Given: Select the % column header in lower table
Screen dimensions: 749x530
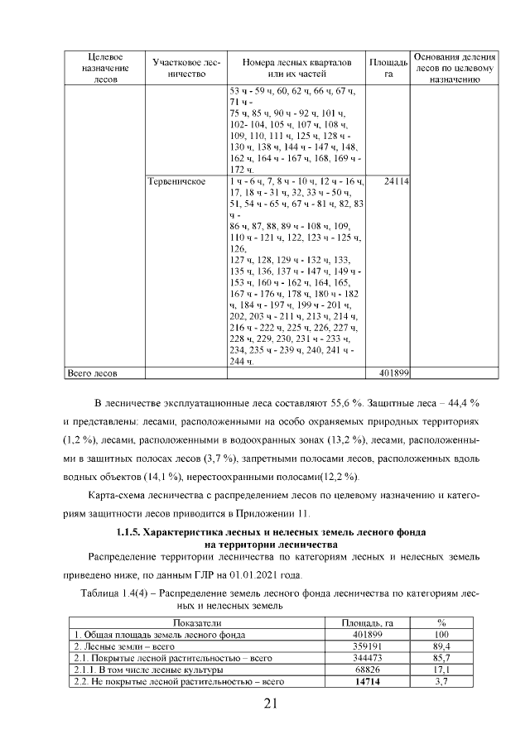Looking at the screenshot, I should [441, 622].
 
